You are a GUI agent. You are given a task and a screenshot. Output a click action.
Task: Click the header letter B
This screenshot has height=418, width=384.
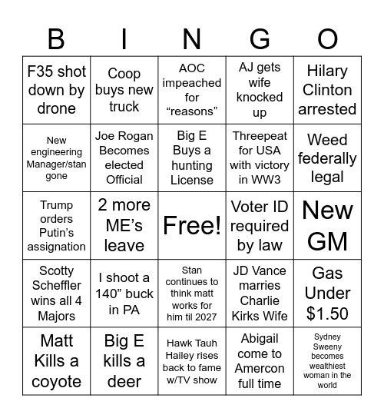click(56, 38)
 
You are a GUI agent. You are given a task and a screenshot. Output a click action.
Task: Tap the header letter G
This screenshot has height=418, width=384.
click(260, 38)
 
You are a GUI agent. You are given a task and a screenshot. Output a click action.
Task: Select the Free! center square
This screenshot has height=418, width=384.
click(191, 225)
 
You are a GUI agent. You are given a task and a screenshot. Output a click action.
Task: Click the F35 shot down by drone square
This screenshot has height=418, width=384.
click(56, 90)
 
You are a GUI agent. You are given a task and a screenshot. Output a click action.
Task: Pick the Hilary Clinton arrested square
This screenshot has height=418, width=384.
click(327, 90)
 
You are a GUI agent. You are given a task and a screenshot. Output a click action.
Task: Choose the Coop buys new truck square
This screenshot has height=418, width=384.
click(124, 90)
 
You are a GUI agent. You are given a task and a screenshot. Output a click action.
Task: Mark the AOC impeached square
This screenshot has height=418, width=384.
click(191, 90)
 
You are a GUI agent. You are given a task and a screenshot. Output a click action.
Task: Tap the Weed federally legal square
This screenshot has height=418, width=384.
click(327, 158)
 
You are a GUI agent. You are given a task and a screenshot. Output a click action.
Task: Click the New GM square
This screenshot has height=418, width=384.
click(327, 225)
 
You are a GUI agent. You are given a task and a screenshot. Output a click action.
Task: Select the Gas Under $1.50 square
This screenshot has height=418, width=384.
click(327, 294)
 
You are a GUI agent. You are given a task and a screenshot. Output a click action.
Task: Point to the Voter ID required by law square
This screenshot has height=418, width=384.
click(260, 225)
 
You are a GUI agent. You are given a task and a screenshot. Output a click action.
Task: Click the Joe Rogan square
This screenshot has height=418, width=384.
click(124, 158)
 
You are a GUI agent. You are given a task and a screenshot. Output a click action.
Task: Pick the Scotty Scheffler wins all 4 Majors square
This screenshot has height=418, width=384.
click(56, 294)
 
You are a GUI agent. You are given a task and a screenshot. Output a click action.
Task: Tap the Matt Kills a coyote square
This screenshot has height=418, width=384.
click(56, 360)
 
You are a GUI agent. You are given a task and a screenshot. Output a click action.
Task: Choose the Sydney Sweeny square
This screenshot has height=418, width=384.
click(327, 360)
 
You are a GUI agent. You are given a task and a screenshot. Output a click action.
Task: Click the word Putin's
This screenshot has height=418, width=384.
click(56, 233)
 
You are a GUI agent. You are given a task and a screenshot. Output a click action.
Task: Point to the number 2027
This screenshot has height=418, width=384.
click(204, 317)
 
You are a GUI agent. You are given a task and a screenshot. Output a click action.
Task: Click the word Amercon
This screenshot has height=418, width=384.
click(260, 368)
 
